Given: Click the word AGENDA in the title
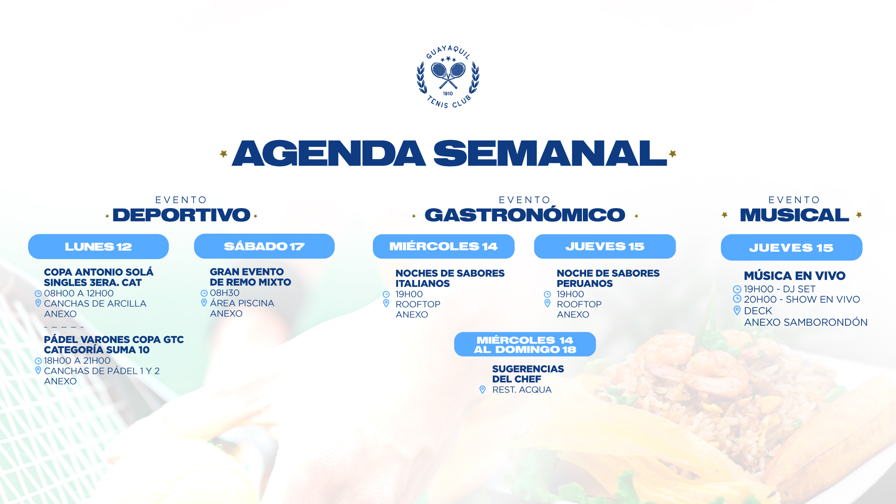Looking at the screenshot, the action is click(x=329, y=154).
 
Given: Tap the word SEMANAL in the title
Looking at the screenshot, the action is click(x=550, y=154).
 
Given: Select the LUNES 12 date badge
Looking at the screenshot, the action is click(x=98, y=246).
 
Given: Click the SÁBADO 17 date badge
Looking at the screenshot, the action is click(x=264, y=246).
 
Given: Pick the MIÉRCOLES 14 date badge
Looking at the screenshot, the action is click(x=443, y=246).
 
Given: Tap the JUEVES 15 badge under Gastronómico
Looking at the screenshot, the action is click(x=605, y=246).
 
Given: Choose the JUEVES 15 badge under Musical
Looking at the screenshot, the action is click(x=791, y=247).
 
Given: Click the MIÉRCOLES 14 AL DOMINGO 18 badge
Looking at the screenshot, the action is click(x=525, y=344).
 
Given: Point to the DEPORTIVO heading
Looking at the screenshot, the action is click(x=182, y=215).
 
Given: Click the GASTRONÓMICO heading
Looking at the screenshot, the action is click(x=525, y=215).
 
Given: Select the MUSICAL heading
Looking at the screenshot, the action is click(x=794, y=215).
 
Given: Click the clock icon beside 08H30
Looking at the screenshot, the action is click(x=204, y=293).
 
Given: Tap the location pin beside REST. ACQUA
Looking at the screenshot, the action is click(x=483, y=390).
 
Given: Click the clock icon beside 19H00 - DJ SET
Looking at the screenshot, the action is click(x=737, y=289).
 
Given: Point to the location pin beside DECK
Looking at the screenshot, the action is click(x=737, y=310).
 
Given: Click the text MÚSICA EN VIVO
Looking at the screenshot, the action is click(x=794, y=276).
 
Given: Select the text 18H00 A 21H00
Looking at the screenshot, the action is click(x=77, y=361).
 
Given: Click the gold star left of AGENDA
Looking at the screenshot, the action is click(x=224, y=154).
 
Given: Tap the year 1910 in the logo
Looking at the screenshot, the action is click(x=448, y=93).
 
